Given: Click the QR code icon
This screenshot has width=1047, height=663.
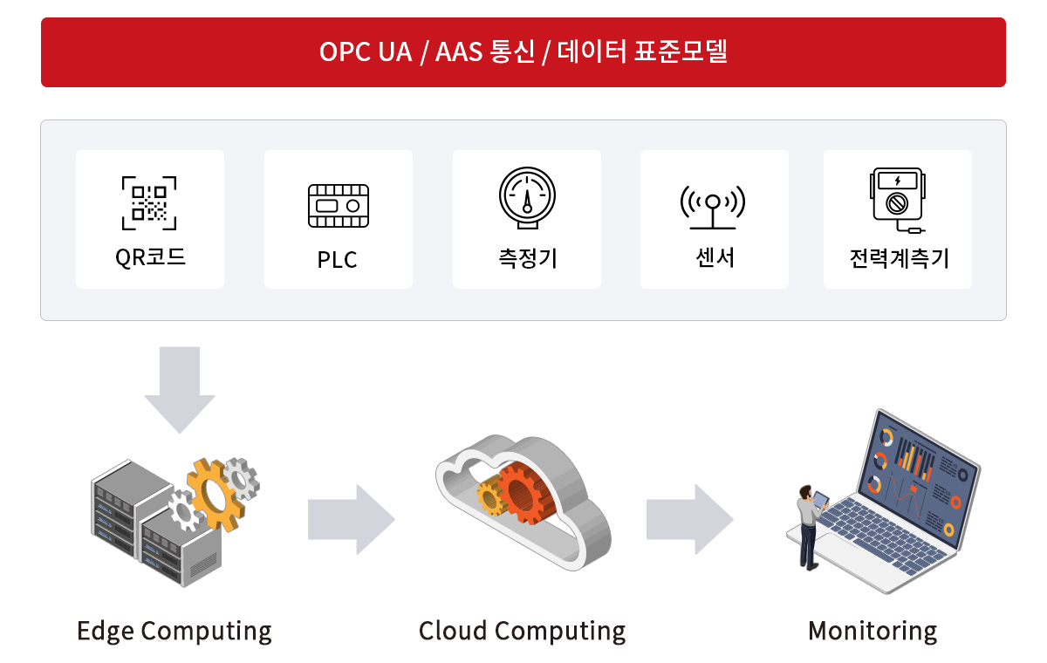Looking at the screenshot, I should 149,203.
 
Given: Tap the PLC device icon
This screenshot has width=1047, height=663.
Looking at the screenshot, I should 338,206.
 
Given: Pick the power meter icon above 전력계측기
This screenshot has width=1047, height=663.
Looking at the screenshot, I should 897,201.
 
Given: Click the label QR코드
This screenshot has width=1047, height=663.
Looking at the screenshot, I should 150,257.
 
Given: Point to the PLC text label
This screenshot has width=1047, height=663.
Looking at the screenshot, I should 338,260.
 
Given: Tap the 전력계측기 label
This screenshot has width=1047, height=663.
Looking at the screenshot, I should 898,258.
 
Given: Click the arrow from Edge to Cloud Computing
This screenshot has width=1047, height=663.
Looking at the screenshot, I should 351,519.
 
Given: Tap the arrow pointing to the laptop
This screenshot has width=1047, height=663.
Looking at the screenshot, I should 689,519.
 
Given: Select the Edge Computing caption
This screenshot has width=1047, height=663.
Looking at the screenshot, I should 174,631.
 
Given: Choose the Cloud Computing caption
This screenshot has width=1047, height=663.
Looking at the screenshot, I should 522,631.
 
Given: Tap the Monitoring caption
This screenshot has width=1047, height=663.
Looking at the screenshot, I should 872,631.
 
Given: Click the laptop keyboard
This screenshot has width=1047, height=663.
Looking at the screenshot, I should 881,537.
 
